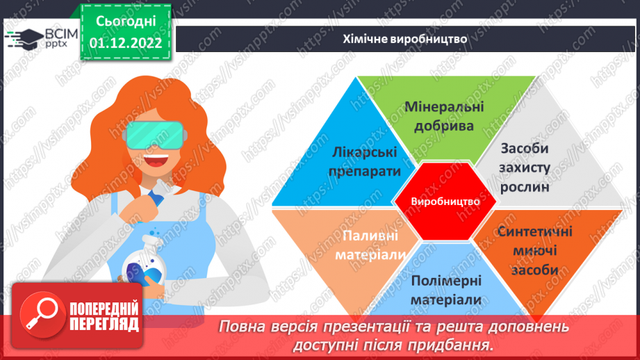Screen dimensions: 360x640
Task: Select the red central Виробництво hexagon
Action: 445,201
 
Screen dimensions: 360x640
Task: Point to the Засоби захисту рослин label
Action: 525,167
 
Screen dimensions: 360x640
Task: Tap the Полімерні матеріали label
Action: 445,290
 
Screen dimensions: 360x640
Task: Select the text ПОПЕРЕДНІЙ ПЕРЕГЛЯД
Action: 104,316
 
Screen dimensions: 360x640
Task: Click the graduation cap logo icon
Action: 25,38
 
